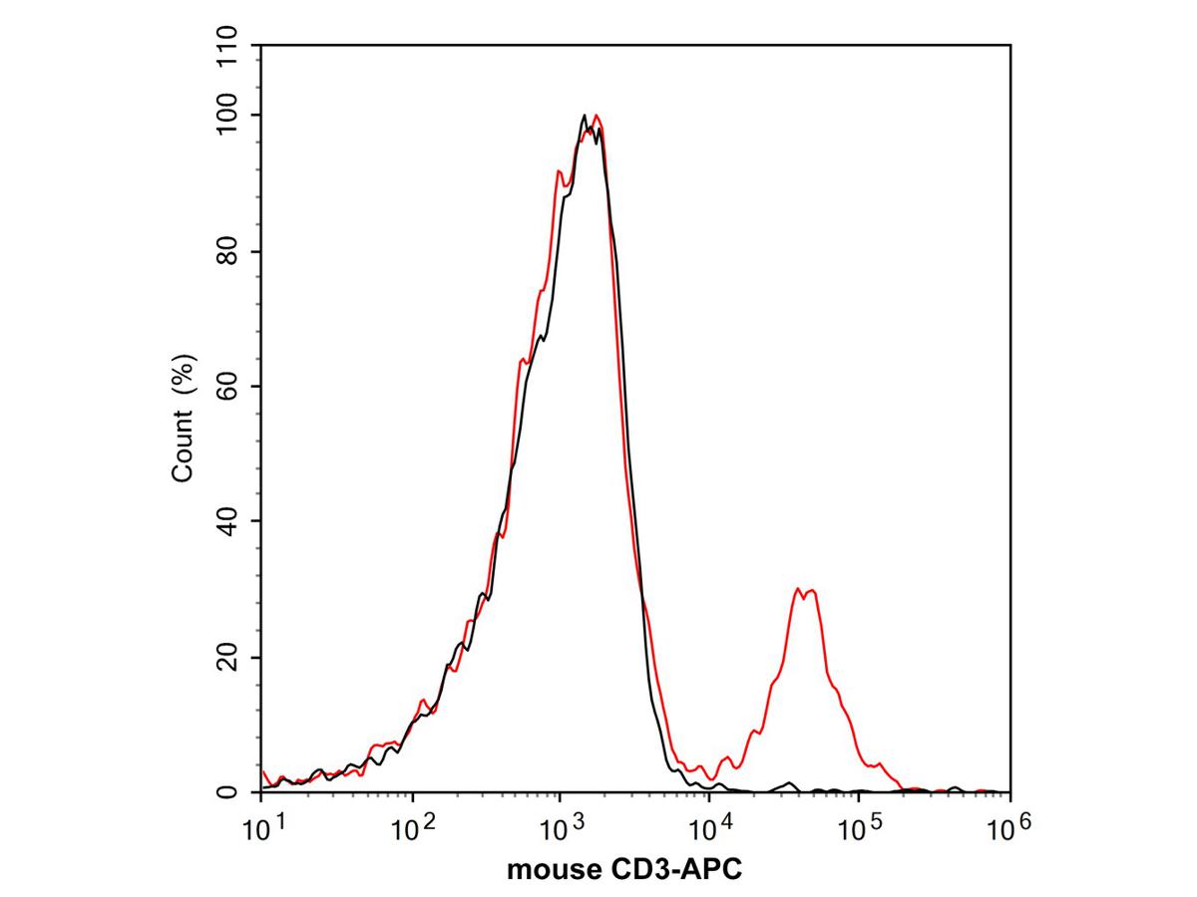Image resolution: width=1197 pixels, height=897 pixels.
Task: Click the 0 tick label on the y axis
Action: (228, 792)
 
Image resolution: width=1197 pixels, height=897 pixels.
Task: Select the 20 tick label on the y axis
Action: (228, 657)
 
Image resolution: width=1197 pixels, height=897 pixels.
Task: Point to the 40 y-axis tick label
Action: (228, 521)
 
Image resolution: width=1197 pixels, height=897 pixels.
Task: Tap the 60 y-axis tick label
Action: (228, 386)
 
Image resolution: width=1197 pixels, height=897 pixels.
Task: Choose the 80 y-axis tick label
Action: (228, 251)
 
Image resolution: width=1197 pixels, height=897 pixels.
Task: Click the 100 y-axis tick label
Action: (228, 116)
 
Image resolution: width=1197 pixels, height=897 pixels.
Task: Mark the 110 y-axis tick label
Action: (228, 48)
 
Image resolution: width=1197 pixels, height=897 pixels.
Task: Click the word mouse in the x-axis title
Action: (547, 869)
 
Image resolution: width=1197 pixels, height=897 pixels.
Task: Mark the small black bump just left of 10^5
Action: (790, 783)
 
